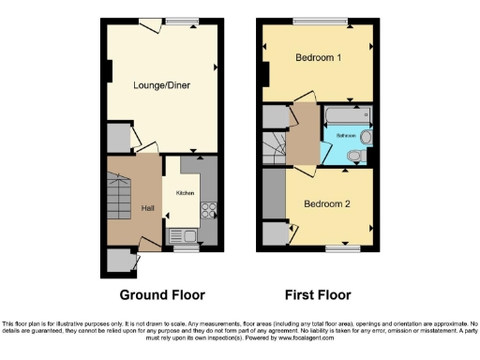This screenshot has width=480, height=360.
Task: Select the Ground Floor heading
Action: (x=162, y=267)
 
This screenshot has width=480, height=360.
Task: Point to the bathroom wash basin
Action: (x=366, y=138)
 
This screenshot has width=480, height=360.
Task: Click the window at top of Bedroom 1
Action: (x=318, y=21)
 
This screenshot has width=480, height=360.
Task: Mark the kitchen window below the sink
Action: (x=187, y=249)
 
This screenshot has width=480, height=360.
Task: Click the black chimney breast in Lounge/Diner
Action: (x=109, y=71)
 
